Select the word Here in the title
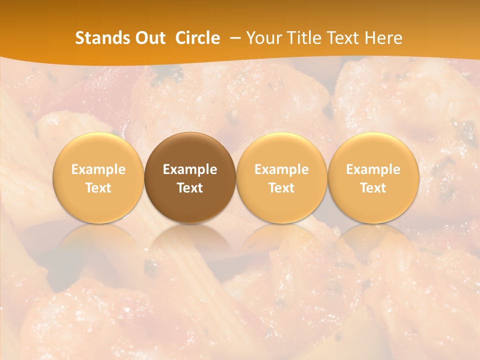coord(383,38)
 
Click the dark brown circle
coord(190,150)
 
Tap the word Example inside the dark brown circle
coord(190,169)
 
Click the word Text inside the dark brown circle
coord(190,188)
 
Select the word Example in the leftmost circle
coord(98,169)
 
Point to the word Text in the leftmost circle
coord(98,188)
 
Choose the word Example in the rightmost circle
coord(373,169)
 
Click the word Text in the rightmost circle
coord(373,188)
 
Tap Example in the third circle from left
coord(281,169)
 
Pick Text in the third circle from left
coord(281,188)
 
